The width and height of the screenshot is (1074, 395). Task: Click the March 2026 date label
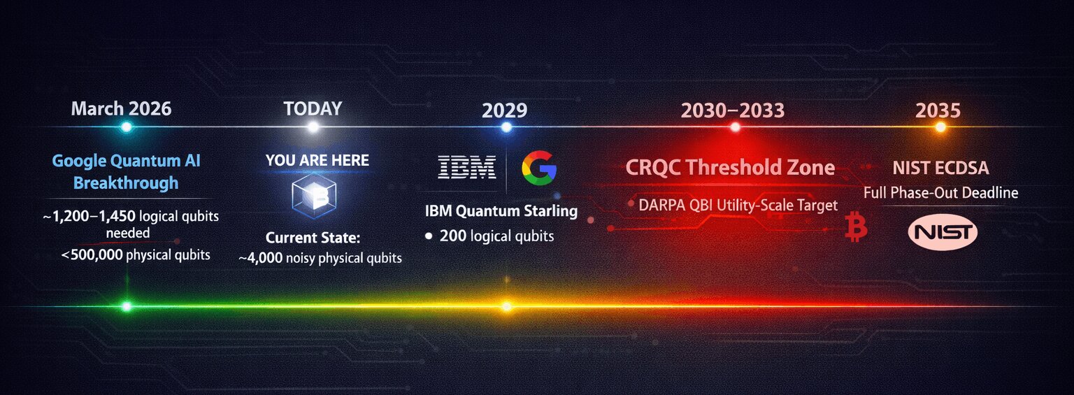[x=121, y=108]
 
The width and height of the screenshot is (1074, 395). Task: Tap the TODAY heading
[x=313, y=108]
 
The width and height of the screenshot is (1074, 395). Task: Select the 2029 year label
[x=504, y=110]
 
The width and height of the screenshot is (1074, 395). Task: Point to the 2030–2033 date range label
[x=733, y=110]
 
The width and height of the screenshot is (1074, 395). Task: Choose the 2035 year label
[x=938, y=110]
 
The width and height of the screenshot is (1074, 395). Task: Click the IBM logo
[x=466, y=167]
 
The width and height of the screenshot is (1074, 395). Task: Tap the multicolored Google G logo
[x=539, y=168]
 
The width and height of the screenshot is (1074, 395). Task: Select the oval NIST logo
[x=942, y=232]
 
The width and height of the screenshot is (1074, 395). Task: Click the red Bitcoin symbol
[x=855, y=228]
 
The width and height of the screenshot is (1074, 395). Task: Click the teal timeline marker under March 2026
[x=126, y=127]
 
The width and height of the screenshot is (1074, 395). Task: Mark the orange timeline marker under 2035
[x=940, y=127]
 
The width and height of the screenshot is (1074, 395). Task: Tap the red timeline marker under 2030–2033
[x=735, y=127]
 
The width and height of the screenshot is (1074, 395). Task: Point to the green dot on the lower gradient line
[x=126, y=306]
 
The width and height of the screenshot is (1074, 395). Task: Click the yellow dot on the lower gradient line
[x=506, y=306]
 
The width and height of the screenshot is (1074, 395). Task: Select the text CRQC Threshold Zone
[x=730, y=168]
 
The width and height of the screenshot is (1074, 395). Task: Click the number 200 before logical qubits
[x=453, y=236]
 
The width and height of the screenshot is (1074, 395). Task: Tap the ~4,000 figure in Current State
[x=261, y=258]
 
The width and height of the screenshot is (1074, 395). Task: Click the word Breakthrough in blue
[x=126, y=183]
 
